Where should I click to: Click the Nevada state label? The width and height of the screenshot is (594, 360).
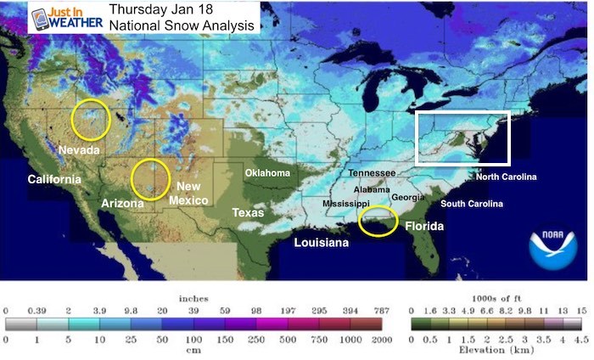81,150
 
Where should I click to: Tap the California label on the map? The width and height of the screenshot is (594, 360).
54,179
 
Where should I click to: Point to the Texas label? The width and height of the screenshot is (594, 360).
249,212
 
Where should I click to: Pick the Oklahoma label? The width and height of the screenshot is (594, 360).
267,173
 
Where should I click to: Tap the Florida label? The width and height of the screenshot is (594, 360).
422,227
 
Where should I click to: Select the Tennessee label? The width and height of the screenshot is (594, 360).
372,173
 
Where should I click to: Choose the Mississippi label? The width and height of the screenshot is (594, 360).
345,205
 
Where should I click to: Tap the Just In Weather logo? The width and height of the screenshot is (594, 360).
66,18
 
